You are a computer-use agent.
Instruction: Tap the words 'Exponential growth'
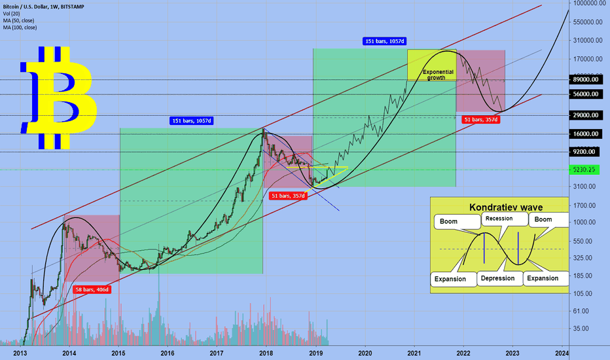(437, 74)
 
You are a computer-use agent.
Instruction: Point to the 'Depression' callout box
(501, 278)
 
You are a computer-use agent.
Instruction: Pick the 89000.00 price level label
(586, 79)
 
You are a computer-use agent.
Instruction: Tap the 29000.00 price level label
(586, 115)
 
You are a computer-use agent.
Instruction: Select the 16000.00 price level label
(586, 134)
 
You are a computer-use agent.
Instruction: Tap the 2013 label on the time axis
(20, 352)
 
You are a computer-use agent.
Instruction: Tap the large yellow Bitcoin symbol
(59, 97)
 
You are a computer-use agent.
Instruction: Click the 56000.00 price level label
(586, 94)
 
